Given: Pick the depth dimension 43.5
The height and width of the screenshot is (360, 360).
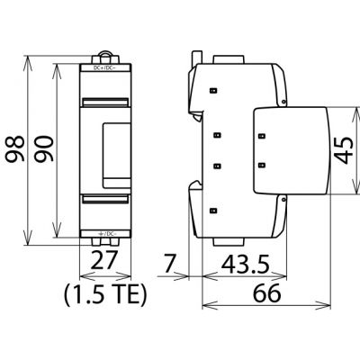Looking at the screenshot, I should click(x=245, y=264).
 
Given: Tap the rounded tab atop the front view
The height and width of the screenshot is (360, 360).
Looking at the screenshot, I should click(x=107, y=56).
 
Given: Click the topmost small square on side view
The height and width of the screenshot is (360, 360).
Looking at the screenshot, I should click(x=216, y=90).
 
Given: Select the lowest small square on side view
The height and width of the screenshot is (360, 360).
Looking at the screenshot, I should click(x=216, y=211).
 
